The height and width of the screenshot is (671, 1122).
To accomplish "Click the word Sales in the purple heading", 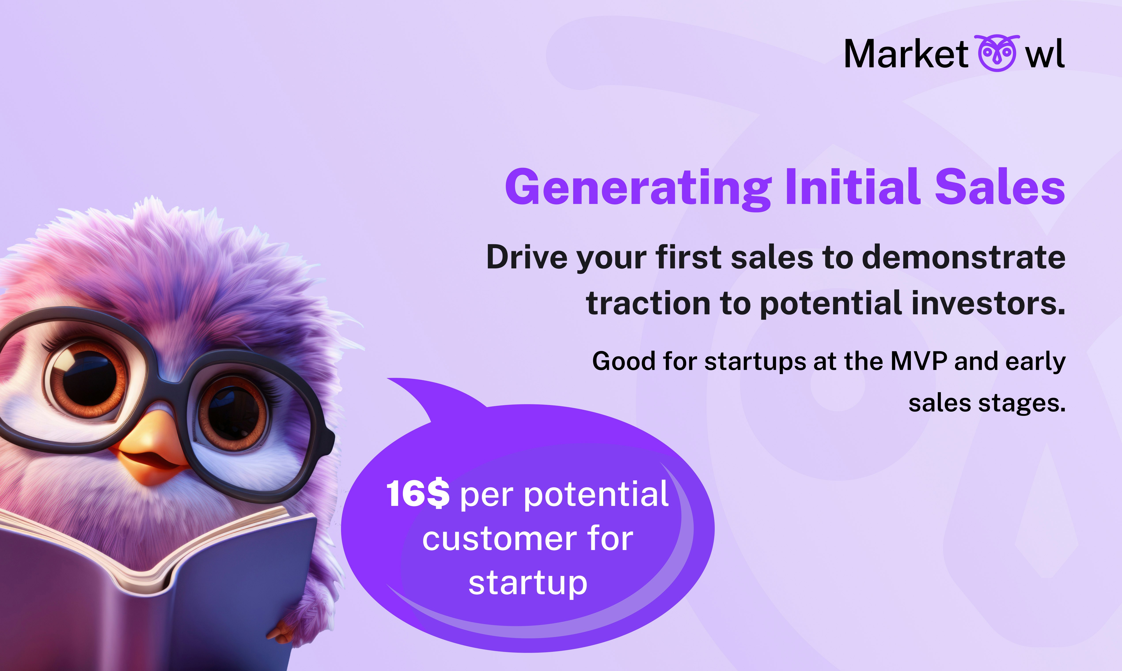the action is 1000,186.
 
